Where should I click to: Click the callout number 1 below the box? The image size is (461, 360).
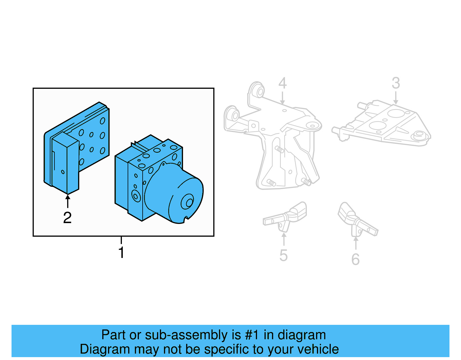(x=121, y=252)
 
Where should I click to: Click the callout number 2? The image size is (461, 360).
(x=67, y=218)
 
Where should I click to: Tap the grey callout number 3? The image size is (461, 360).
(x=396, y=83)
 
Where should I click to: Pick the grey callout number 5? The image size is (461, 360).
(x=284, y=255)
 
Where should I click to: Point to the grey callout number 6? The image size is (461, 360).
(x=356, y=259)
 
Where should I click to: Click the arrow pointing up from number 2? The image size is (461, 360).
(x=68, y=201)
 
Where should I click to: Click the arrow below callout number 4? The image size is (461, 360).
(x=282, y=98)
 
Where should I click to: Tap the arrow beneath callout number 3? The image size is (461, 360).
(x=396, y=98)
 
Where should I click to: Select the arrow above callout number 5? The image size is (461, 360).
(x=284, y=239)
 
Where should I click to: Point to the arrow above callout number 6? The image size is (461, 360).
(x=356, y=243)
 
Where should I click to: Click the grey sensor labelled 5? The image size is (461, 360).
(x=285, y=218)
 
